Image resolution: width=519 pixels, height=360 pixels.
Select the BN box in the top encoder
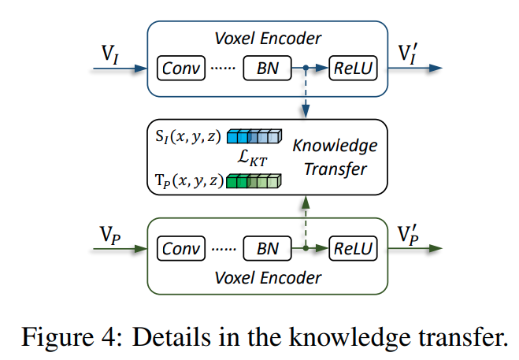click(266, 69)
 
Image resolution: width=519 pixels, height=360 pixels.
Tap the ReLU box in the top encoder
click(353, 69)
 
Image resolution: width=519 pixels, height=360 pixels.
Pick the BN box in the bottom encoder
click(266, 249)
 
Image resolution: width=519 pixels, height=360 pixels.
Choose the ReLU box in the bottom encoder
click(353, 249)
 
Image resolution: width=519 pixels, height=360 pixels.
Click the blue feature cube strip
click(254, 137)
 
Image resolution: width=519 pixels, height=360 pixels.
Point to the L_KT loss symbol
click(254, 159)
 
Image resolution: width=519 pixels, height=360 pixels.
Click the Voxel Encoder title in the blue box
click(269, 37)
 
